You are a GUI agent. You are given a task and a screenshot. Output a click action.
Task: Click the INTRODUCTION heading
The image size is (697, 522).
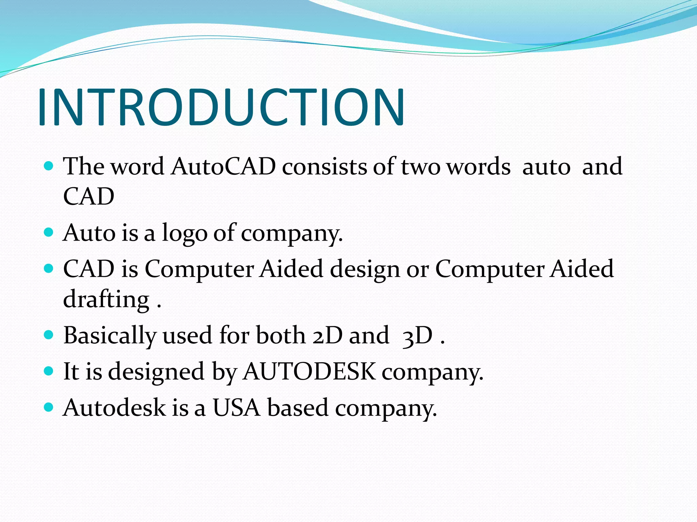[x=221, y=107]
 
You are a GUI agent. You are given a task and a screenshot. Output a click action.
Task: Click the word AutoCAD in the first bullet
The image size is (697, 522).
[x=223, y=167]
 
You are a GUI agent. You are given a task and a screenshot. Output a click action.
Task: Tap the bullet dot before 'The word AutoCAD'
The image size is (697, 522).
[x=49, y=166]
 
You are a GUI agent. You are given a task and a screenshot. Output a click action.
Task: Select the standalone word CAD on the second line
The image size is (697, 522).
[x=88, y=196]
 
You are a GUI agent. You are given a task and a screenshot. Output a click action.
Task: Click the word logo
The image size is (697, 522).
[x=184, y=233]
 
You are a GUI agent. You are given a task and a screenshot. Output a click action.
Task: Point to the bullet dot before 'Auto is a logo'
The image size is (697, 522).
[x=49, y=232]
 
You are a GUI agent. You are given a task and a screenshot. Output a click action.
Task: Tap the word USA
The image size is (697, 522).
[x=236, y=407]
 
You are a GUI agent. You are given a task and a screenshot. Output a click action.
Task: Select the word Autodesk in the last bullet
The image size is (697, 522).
[x=114, y=407]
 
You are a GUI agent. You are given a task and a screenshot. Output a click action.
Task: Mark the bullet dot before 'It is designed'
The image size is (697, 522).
[x=49, y=370]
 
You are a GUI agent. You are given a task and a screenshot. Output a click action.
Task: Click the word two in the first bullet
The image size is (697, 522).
[x=420, y=167]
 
